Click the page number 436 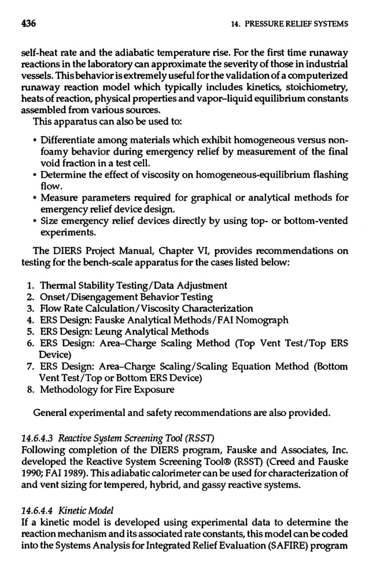tap(28, 24)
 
